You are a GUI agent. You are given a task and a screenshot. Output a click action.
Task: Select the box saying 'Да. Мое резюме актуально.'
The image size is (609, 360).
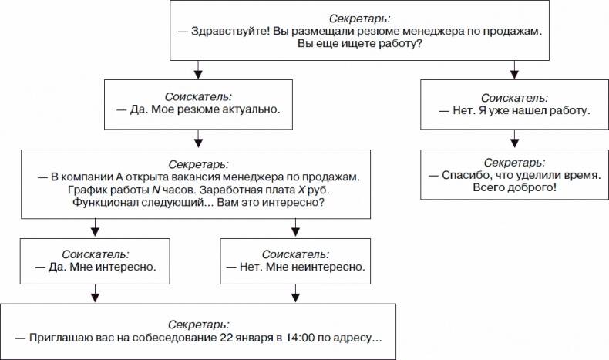pos(199,103)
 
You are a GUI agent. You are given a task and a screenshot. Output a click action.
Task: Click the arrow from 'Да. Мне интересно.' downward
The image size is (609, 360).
pos(96,294)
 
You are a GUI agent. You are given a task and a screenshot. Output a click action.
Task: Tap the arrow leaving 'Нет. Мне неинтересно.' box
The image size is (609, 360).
pos(293,294)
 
